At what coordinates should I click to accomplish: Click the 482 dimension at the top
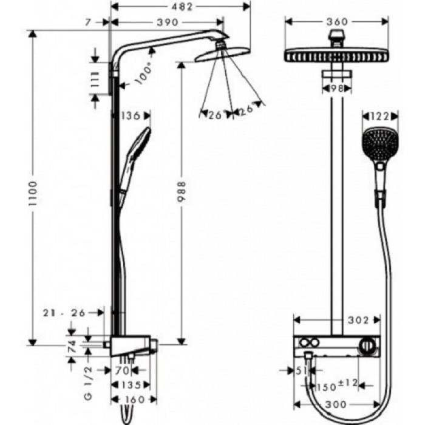pyautogui.click(x=180, y=7)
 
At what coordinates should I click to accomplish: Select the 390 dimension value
pyautogui.click(x=167, y=22)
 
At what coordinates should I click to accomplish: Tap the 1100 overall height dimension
pyautogui.click(x=34, y=193)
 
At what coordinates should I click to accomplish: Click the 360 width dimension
pyautogui.click(x=336, y=22)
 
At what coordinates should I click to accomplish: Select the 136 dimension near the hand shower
pyautogui.click(x=131, y=115)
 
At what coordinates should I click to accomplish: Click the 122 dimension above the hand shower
pyautogui.click(x=380, y=115)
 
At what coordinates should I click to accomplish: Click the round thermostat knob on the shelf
pyautogui.click(x=367, y=347)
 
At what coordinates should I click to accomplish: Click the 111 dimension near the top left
pyautogui.click(x=95, y=79)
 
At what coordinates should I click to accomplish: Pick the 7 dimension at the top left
pyautogui.click(x=89, y=22)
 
